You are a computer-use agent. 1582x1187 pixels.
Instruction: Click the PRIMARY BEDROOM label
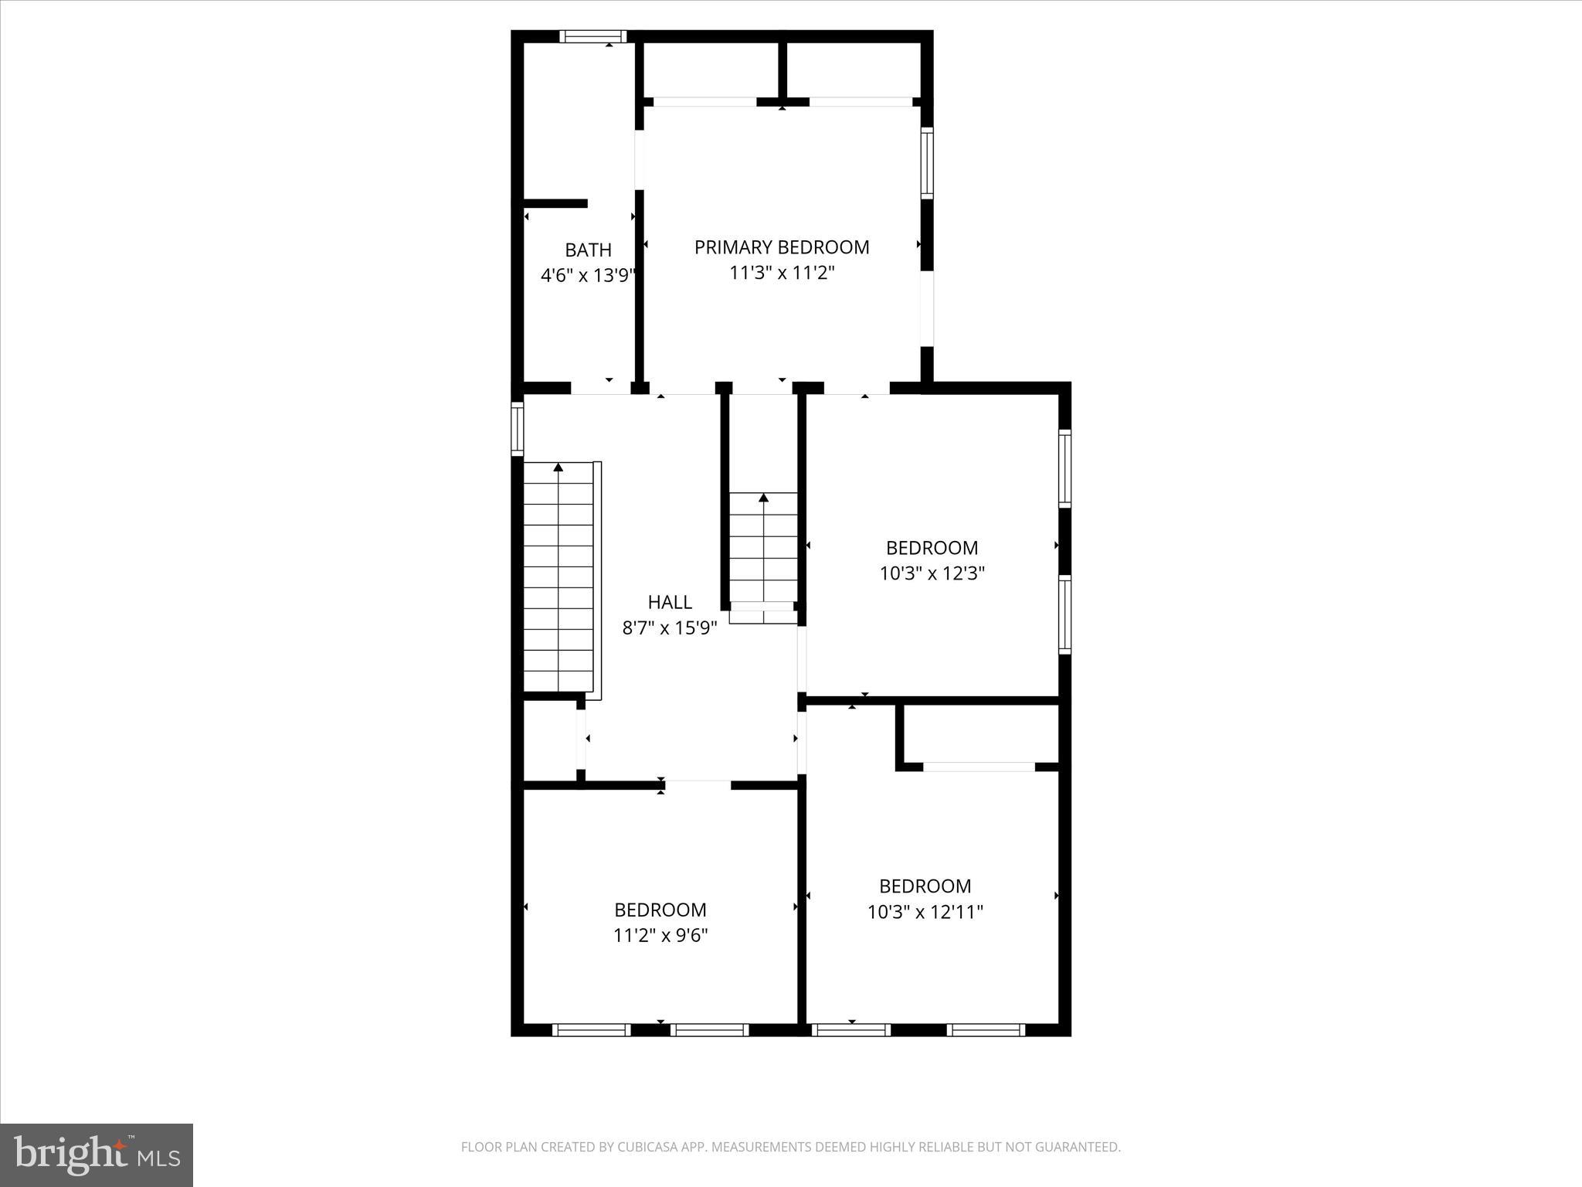tap(781, 247)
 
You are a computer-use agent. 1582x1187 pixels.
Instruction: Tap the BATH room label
tap(588, 250)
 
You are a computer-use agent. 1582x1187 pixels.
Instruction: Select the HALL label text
tap(669, 602)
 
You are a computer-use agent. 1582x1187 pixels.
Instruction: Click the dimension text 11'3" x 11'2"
tap(782, 273)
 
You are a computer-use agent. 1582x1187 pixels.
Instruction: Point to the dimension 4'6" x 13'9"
tap(588, 276)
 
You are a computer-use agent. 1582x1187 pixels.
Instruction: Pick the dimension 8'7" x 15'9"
tap(669, 628)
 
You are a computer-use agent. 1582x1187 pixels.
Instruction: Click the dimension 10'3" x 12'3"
tap(932, 573)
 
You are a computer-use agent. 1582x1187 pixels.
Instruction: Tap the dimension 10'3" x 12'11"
tap(925, 912)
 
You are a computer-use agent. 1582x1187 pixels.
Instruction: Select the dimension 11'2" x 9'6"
tap(660, 936)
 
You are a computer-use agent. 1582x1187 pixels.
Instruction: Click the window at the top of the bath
tap(592, 36)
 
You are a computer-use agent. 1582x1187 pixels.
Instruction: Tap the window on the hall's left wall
tap(518, 429)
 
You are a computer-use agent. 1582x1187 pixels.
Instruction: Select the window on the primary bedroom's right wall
tap(926, 163)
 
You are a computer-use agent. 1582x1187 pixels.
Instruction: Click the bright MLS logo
tap(97, 1155)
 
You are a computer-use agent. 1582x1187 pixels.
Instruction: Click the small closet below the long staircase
tap(549, 740)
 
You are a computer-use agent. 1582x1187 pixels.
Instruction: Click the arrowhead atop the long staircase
tap(558, 467)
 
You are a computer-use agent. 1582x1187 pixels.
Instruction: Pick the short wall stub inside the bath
tap(555, 204)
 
